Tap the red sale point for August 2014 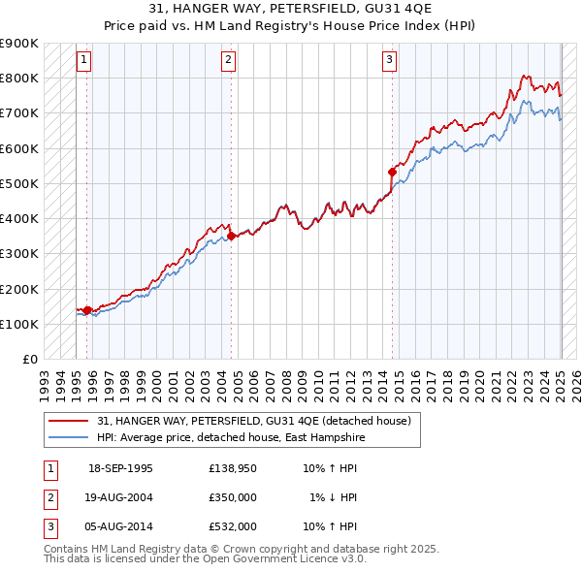tap(392, 173)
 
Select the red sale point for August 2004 tap(232, 236)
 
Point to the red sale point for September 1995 tap(87, 310)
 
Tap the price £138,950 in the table tap(232, 468)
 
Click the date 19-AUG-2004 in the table tap(120, 497)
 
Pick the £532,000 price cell tap(232, 526)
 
